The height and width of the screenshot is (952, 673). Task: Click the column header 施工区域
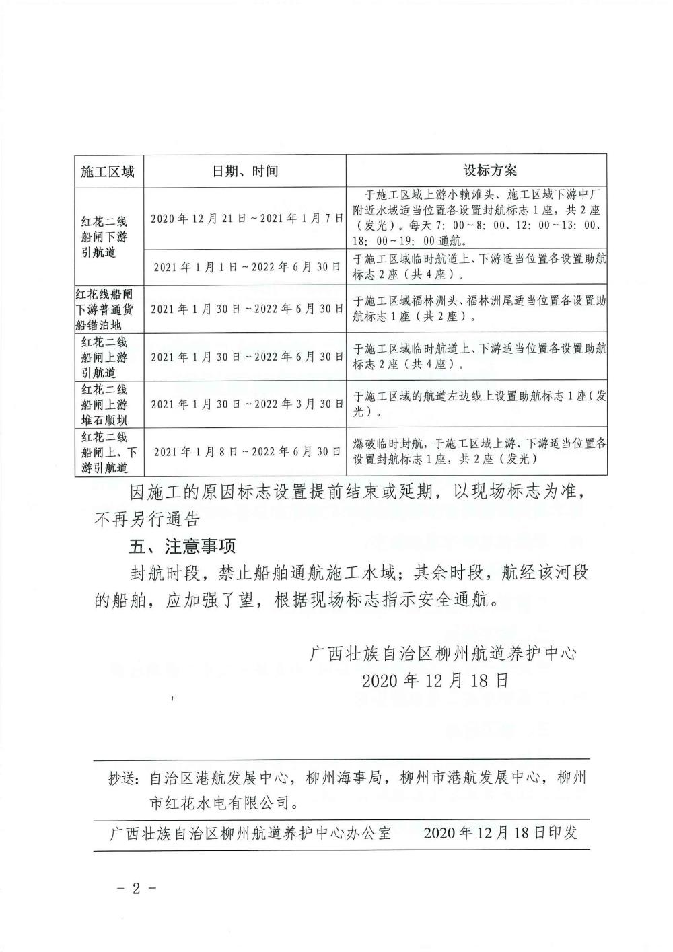pyautogui.click(x=108, y=171)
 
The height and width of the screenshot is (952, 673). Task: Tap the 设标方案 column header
pyautogui.click(x=479, y=171)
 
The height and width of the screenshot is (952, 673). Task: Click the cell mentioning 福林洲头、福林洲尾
pyautogui.click(x=479, y=309)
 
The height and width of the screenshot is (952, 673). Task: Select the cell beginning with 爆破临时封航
pyautogui.click(x=479, y=451)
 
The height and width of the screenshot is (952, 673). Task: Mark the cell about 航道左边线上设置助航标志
pyautogui.click(x=479, y=404)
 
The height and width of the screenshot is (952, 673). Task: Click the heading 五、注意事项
pyautogui.click(x=183, y=545)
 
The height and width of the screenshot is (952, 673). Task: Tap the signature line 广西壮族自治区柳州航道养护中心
pyautogui.click(x=442, y=653)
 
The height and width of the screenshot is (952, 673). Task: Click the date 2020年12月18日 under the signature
pyautogui.click(x=435, y=680)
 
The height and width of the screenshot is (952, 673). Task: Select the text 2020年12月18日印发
pyautogui.click(x=501, y=833)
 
